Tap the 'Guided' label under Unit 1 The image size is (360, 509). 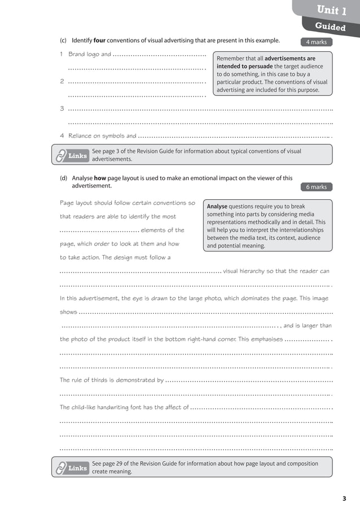330,27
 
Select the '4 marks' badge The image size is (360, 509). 316,42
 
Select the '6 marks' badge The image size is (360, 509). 316,187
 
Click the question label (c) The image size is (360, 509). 63,41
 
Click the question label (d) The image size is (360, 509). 63,178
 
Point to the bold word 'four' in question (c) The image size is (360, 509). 99,41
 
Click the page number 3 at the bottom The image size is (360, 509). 344,498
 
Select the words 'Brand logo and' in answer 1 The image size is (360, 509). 89,55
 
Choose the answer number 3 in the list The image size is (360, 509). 62,109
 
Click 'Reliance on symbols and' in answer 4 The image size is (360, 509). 102,136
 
